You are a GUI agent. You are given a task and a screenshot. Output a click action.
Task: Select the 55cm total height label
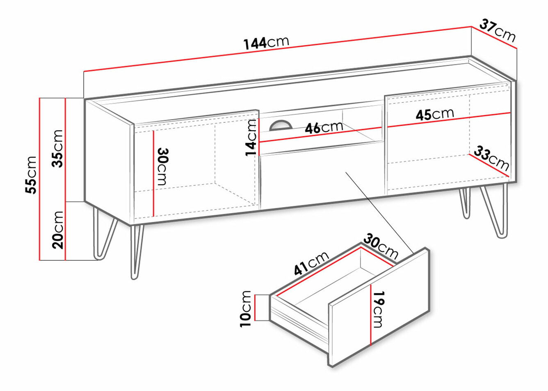31,175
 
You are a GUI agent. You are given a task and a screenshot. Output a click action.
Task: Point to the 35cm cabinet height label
57,149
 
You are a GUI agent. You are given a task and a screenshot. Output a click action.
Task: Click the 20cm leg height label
57,230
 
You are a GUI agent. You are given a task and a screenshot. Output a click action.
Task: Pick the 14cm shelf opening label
251,138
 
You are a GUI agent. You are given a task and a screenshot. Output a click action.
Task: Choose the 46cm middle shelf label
324,127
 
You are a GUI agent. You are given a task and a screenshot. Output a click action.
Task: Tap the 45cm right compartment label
435,114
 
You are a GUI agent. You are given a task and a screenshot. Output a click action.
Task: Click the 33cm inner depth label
491,158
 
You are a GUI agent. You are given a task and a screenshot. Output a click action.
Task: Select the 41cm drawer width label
311,263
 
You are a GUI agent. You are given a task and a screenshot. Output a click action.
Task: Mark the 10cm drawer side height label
245,309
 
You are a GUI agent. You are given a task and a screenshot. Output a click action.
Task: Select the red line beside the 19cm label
371,315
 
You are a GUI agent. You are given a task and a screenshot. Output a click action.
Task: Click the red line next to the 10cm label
255,308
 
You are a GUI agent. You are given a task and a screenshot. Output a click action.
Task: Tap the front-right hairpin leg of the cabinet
494,212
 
